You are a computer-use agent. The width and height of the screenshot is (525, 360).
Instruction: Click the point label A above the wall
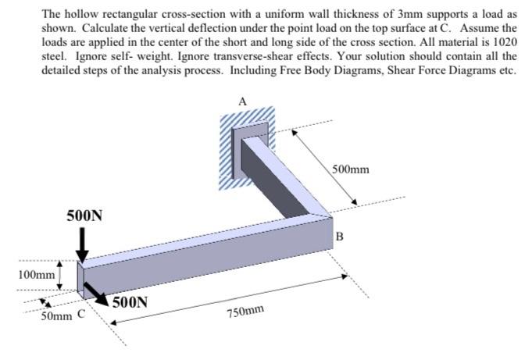[x=243, y=101]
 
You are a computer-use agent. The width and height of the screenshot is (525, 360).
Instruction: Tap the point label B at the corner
[x=339, y=235]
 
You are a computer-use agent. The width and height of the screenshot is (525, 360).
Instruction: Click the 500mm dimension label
[x=351, y=169]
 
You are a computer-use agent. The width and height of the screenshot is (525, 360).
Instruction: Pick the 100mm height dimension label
[x=37, y=275]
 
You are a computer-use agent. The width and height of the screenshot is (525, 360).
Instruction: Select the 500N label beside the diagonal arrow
[x=130, y=302]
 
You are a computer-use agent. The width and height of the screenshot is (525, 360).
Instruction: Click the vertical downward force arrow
[x=83, y=247]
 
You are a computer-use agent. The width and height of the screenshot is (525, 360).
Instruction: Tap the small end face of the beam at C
[x=80, y=278]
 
